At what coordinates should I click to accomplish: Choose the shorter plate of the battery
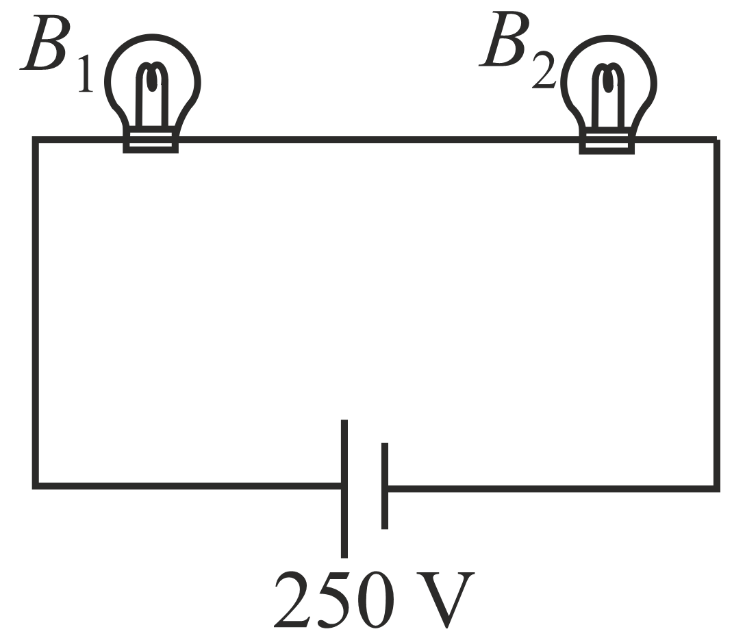point(385,486)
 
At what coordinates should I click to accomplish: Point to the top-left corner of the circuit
point(36,140)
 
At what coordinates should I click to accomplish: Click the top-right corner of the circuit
point(716,140)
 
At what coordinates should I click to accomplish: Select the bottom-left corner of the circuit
point(36,486)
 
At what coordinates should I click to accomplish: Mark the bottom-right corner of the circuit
point(716,487)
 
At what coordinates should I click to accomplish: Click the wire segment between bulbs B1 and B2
point(377,140)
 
